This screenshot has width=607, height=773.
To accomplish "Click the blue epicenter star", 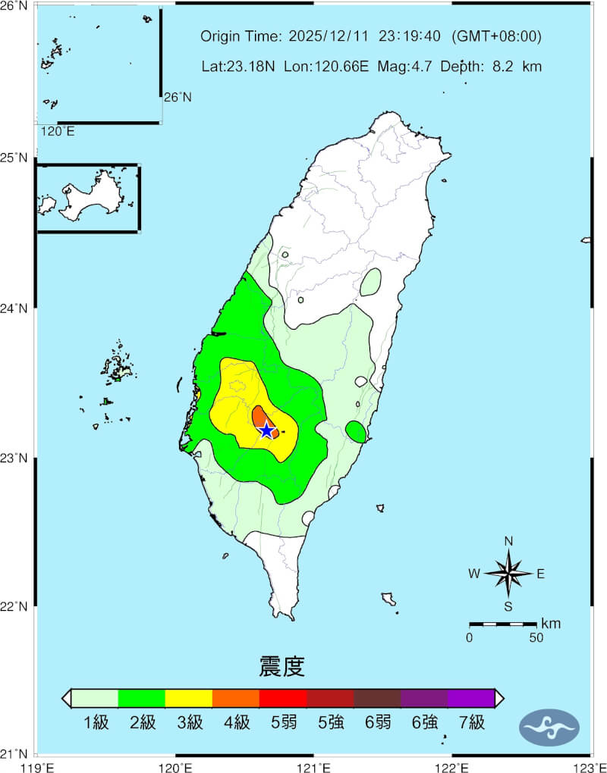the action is click(266, 430).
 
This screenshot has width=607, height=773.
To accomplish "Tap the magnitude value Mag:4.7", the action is click(410, 67).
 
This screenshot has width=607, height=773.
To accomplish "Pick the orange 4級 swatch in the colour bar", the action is click(235, 698).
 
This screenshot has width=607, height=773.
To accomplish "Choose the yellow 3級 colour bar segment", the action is click(188, 698).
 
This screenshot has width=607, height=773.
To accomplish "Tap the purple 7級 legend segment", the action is click(470, 698).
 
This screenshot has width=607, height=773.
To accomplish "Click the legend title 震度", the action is click(281, 667).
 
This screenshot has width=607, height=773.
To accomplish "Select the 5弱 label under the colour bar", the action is click(284, 723).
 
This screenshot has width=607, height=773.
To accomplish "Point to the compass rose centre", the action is click(508, 574).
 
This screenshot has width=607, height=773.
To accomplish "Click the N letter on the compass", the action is click(508, 541).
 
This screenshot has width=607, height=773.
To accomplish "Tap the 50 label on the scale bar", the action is click(536, 637).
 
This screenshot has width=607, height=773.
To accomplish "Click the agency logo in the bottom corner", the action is click(549, 728).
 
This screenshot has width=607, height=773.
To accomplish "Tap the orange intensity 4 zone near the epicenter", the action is click(259, 416).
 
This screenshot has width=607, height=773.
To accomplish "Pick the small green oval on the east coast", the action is click(356, 431).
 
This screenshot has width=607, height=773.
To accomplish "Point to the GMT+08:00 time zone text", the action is click(496, 36).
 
